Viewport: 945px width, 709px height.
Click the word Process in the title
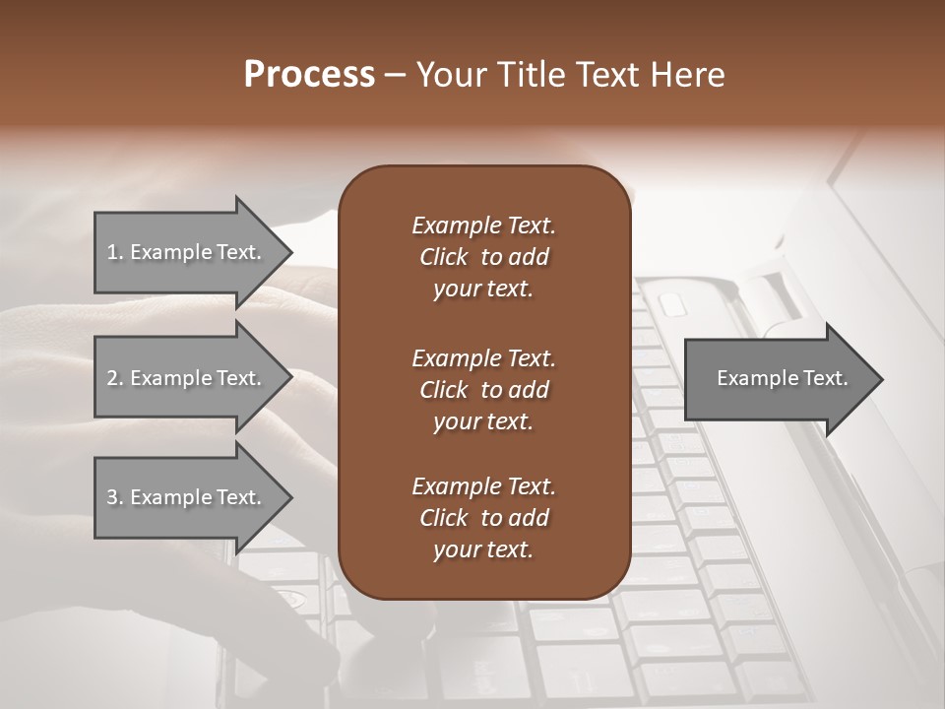coord(309,75)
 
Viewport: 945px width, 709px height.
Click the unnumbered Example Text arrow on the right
coord(782,379)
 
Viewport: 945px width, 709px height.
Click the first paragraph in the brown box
coord(483,257)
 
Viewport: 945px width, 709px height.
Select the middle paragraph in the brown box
coord(483,390)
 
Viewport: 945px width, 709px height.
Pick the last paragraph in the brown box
coord(483,518)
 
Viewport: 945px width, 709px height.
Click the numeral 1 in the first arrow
coord(112,252)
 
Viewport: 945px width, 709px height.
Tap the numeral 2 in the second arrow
coord(112,378)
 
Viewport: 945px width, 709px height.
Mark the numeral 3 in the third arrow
coord(112,497)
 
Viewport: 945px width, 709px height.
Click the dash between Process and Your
coord(396,76)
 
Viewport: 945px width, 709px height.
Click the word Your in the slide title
coord(451,75)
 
